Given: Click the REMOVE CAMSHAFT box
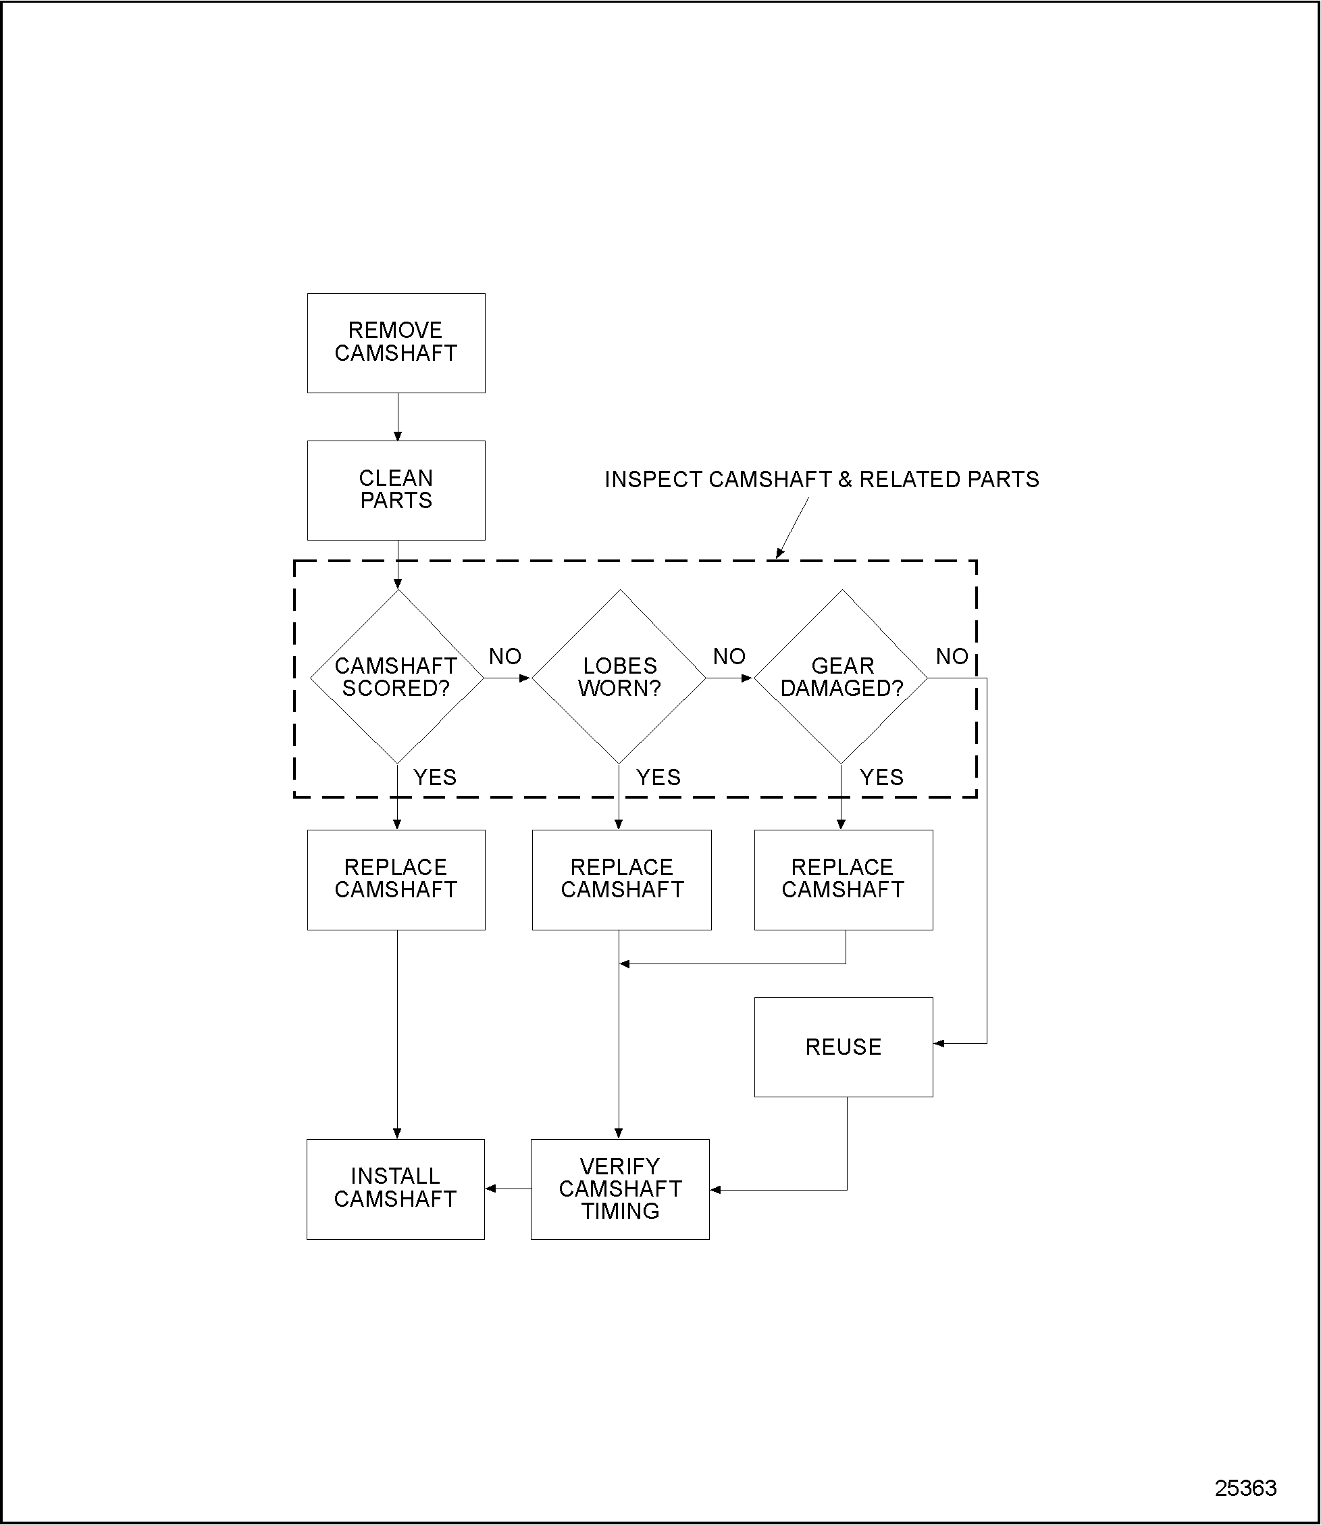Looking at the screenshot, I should (x=396, y=343).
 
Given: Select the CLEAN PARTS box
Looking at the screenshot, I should (x=396, y=490).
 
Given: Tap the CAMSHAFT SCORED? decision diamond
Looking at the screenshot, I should (x=396, y=677).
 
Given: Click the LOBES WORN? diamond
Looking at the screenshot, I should (x=619, y=677).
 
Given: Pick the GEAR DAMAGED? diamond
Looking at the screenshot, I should (x=841, y=677).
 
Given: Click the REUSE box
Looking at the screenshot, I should (x=844, y=1047).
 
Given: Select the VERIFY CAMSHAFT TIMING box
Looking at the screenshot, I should (x=620, y=1189).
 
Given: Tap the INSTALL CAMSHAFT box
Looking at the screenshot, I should (x=396, y=1189).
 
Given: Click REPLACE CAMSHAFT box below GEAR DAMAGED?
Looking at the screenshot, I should (x=844, y=880).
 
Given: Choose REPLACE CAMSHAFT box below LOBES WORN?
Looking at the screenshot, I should (x=621, y=880).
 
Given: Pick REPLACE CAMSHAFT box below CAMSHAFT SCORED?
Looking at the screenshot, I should (x=396, y=880).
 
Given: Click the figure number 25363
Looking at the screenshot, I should (x=1246, y=1488).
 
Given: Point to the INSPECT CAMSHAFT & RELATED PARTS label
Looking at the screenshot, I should (x=821, y=480).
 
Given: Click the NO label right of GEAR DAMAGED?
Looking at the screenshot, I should (x=952, y=656).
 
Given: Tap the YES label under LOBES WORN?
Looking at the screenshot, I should (x=658, y=777).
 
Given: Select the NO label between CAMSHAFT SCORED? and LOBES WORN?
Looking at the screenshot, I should (x=505, y=656).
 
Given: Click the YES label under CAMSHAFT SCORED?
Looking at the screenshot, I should (x=435, y=777).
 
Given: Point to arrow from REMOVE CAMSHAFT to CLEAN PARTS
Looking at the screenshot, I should (x=398, y=418).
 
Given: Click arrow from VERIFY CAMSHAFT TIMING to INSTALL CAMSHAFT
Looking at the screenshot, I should (x=508, y=1189).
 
